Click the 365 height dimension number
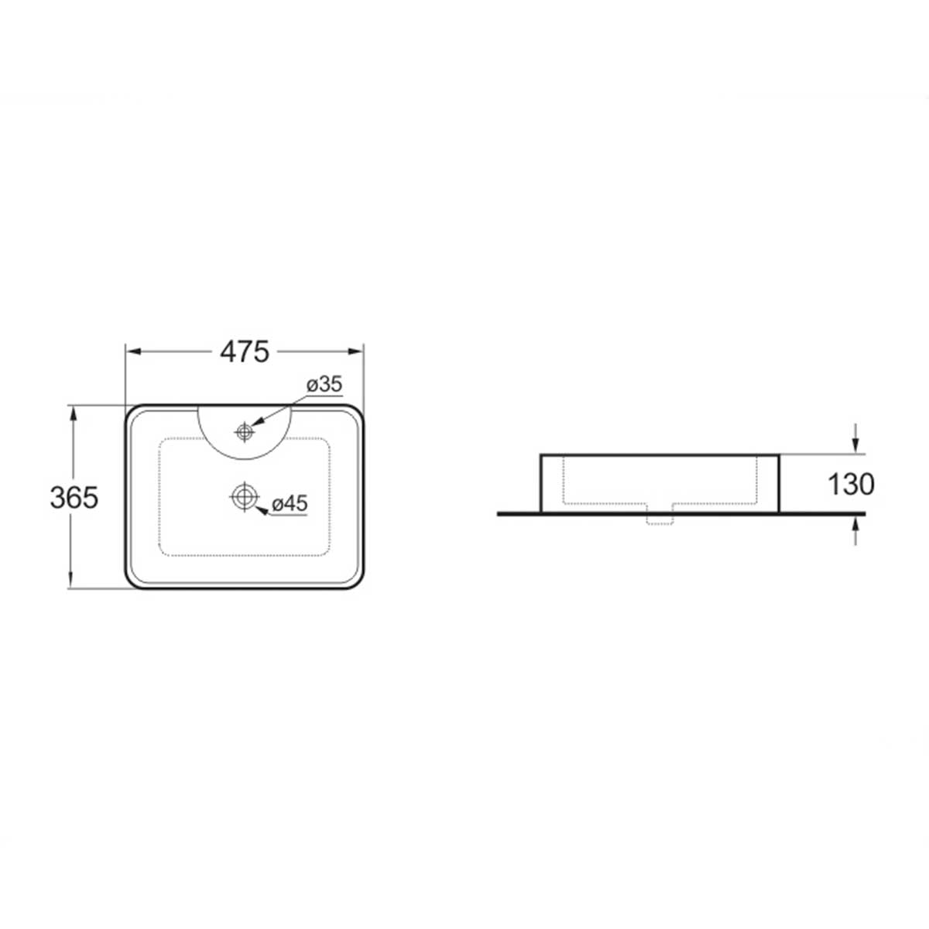click(x=74, y=498)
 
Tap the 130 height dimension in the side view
click(x=851, y=485)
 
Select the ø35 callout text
click(x=324, y=385)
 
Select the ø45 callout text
click(x=290, y=504)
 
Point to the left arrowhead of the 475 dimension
click(x=132, y=351)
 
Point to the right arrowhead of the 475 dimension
click(x=356, y=351)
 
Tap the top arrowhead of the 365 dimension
click(x=73, y=413)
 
